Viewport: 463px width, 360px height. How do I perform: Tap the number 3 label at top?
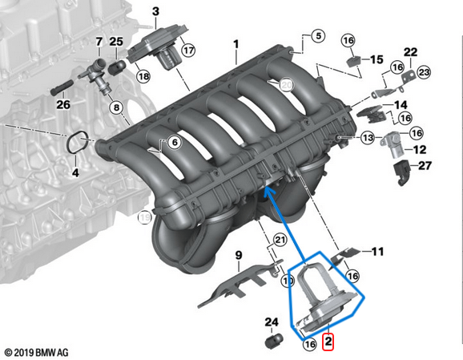pyautogui.click(x=155, y=11)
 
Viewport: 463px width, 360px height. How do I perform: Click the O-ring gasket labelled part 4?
pyautogui.click(x=77, y=144)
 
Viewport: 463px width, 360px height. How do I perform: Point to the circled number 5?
pyautogui.click(x=316, y=36)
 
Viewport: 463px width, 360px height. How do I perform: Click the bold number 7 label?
pyautogui.click(x=99, y=42)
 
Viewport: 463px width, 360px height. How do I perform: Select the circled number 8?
pyautogui.click(x=116, y=107)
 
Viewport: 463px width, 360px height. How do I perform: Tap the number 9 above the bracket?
pyautogui.click(x=238, y=256)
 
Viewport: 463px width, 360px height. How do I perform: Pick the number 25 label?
pyautogui.click(x=117, y=42)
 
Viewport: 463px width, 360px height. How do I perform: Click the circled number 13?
pyautogui.click(x=367, y=138)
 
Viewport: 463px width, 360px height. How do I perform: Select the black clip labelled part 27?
pyautogui.click(x=402, y=169)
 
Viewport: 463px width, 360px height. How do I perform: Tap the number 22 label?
pyautogui.click(x=410, y=52)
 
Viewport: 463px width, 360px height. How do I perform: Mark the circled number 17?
pyautogui.click(x=188, y=51)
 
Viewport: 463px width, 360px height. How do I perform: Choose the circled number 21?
pyautogui.click(x=279, y=241)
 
